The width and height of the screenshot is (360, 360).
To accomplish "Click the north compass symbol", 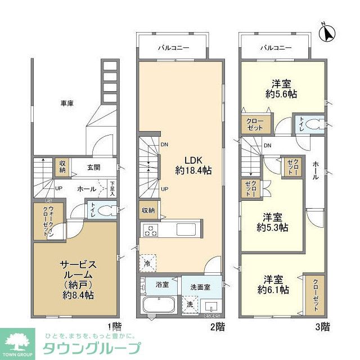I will coord(326,33).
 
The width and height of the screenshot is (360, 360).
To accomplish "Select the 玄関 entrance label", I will coord(93,167).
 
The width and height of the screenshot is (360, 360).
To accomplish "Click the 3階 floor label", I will coord(322,326).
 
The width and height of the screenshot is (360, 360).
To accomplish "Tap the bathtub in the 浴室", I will coord(159,306).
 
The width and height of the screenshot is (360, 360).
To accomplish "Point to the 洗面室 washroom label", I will coord(199,287).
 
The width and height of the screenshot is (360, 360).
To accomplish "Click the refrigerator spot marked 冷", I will coord(147,262).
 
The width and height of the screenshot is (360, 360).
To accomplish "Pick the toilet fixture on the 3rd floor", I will coord(316,123).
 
